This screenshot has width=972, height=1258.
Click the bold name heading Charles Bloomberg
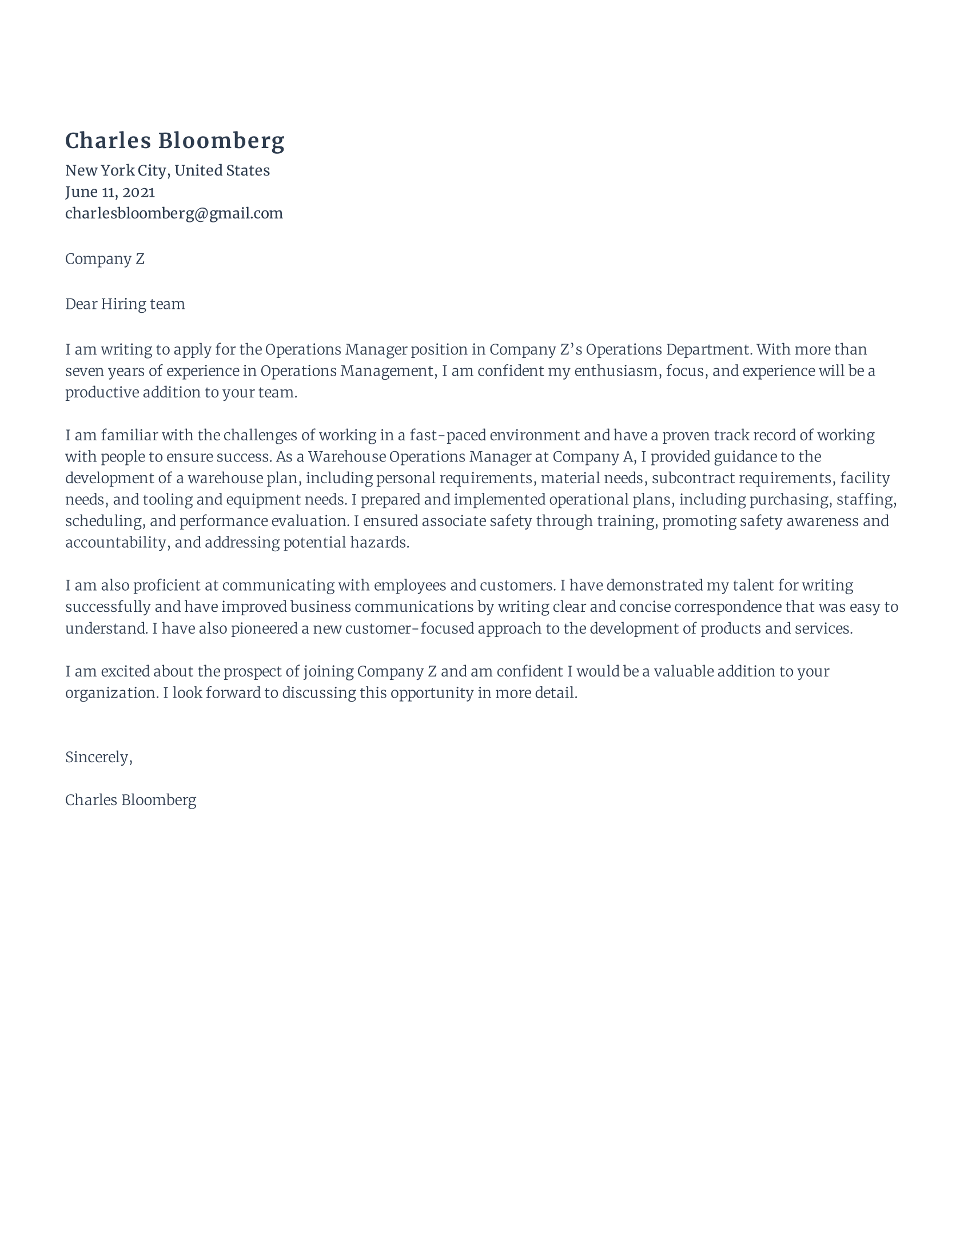pos(174,141)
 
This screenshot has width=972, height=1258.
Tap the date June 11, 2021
pos(109,192)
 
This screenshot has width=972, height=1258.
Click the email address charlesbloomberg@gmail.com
pos(174,214)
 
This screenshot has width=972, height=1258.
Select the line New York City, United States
pos(167,170)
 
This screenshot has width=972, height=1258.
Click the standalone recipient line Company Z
pos(105,259)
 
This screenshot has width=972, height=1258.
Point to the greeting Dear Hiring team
pos(125,304)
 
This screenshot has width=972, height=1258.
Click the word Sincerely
pos(98,757)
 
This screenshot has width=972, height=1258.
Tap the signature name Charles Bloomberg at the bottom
pos(131,800)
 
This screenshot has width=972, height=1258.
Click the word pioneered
pos(264,628)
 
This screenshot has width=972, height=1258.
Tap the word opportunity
pos(431,693)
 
